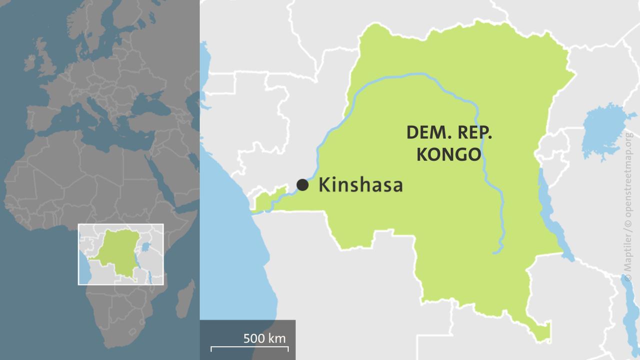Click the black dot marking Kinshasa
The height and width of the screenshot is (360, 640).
[x=302, y=185]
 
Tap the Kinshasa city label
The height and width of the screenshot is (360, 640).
[x=360, y=185]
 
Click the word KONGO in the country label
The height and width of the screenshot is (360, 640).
[x=448, y=154]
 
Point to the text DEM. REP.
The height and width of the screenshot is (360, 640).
[x=449, y=132]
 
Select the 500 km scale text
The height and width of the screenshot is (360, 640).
[x=264, y=338]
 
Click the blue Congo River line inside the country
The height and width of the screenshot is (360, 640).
[x=415, y=75]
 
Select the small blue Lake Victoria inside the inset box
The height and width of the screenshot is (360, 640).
[x=145, y=246]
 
